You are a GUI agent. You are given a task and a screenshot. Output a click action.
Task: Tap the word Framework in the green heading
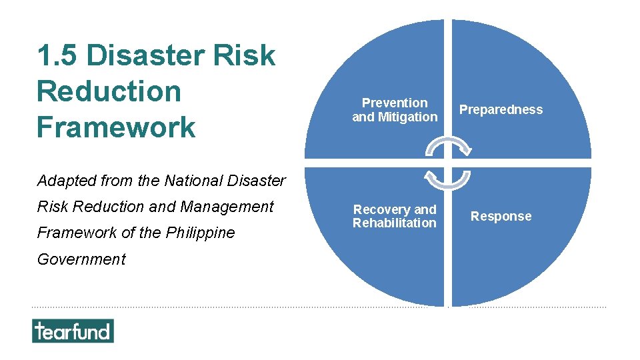pos(116,127)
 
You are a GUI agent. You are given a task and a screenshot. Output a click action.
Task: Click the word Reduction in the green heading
pos(109,91)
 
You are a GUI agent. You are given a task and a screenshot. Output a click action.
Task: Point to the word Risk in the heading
pos(245,55)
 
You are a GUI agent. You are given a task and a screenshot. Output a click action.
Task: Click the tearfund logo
pos(73,331)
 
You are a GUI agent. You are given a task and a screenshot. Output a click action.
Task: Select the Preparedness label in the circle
pos(501,110)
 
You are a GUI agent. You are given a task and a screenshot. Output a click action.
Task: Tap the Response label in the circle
pos(501,216)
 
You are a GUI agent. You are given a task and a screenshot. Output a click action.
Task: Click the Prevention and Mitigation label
pos(395,110)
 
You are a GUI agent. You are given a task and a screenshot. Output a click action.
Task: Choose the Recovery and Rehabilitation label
pos(395,216)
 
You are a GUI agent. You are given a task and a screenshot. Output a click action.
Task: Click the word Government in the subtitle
pos(81,259)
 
